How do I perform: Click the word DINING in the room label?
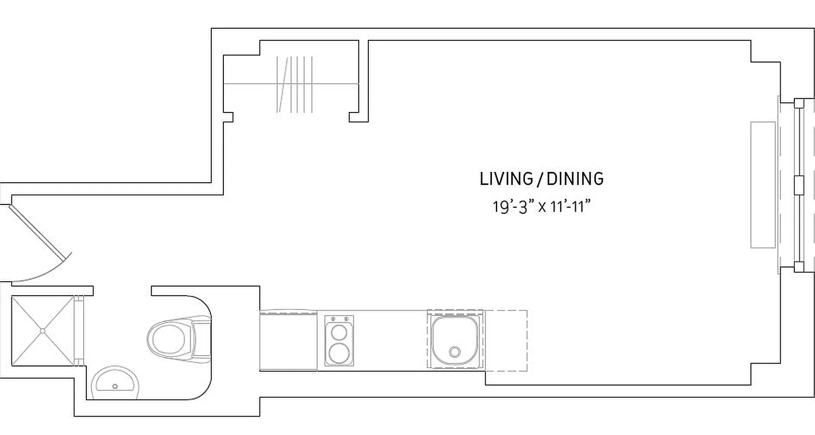point(575,179)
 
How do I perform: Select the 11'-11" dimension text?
point(570,207)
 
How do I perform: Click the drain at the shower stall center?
point(42,330)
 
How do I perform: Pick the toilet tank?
point(202,340)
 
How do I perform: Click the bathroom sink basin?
point(115,383)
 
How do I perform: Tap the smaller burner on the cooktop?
point(339,331)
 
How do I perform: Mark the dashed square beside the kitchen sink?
point(505,340)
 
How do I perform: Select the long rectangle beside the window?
point(763,185)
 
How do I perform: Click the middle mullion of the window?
point(799,185)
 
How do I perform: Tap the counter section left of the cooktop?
point(288,341)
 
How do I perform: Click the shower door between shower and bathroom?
point(79,330)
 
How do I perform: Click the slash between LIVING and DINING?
point(539,179)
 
